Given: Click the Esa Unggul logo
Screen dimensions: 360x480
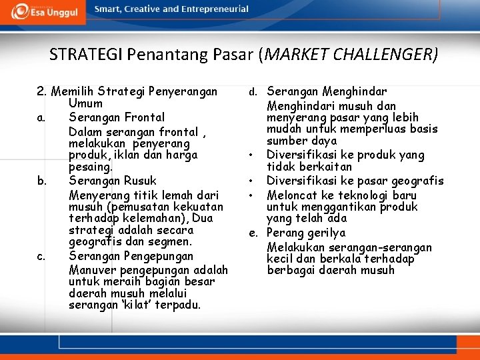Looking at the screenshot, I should click(45, 11).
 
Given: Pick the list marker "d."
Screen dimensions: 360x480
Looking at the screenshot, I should click(253, 92).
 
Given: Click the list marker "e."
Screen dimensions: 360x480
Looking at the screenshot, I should click(253, 233).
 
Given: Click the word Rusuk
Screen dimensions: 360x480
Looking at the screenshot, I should click(141, 181).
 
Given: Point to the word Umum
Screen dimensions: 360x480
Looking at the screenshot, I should click(85, 103).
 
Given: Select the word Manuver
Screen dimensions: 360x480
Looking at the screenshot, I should click(91, 269).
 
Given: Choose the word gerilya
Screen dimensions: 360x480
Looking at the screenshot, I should click(325, 233).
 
